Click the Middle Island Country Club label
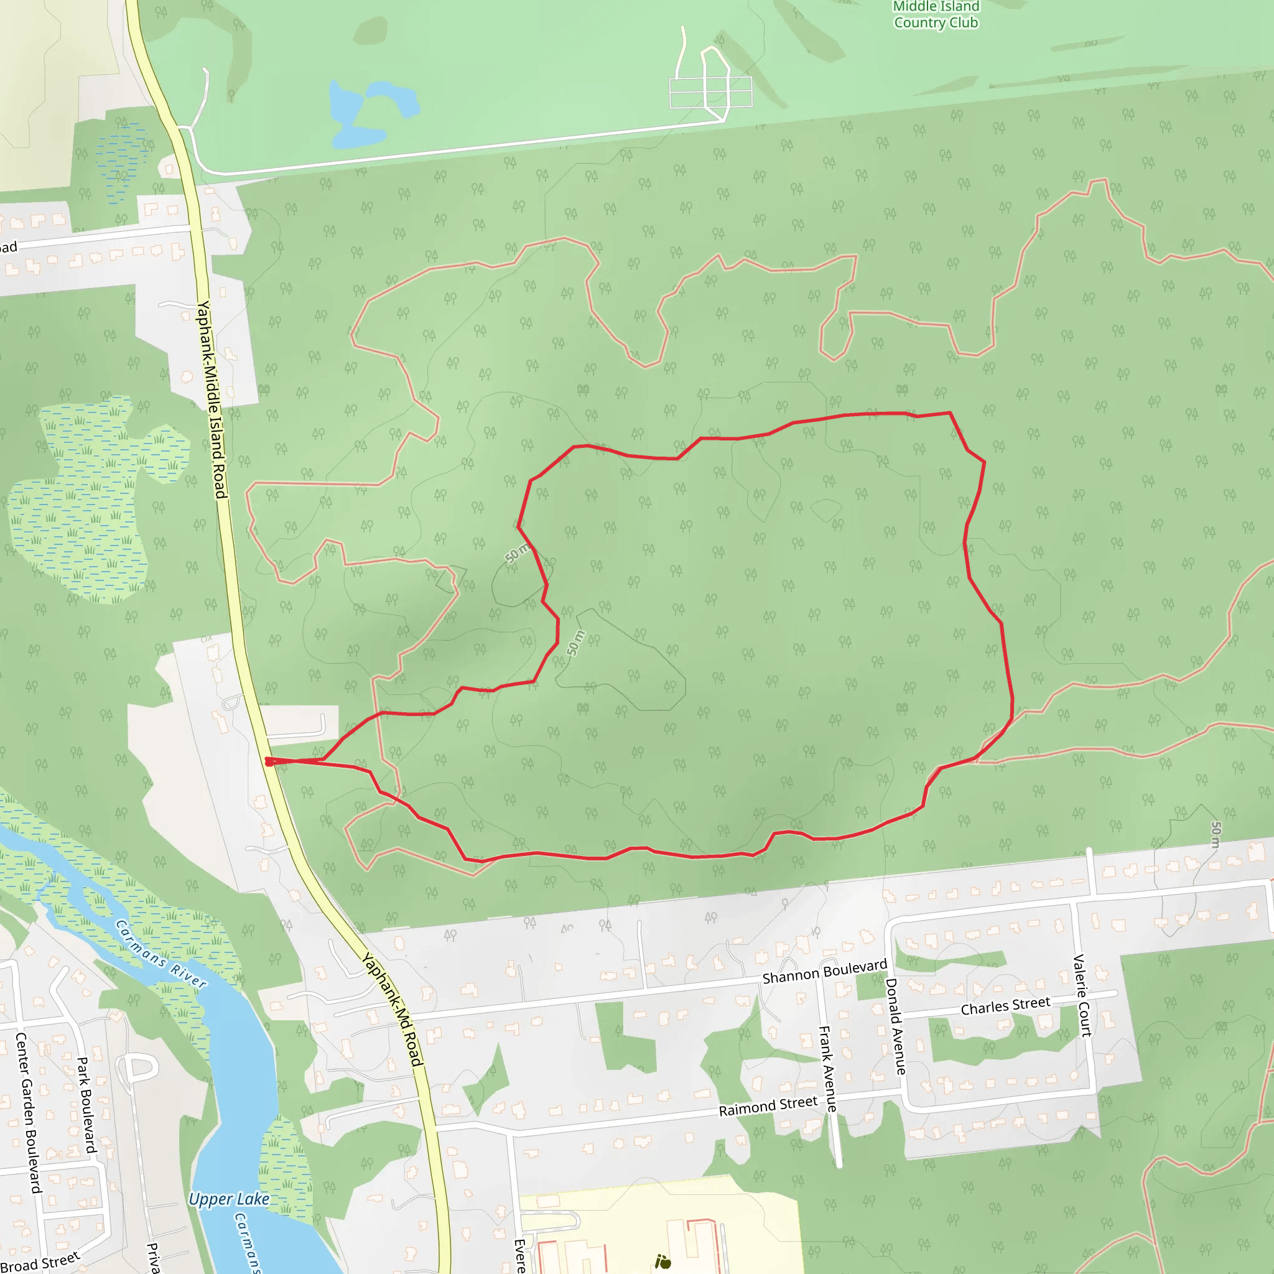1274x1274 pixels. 936,14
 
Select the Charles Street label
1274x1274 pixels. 1005,1007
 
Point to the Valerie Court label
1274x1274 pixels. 1083,995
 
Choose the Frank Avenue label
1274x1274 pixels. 827,1068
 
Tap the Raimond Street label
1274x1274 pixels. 768,1106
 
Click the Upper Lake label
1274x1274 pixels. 229,1199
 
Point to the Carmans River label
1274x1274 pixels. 161,954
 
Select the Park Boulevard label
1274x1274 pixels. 87,1105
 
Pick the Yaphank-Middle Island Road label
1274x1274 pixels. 212,399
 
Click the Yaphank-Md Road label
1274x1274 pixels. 392,1008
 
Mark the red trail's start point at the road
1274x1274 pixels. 268,761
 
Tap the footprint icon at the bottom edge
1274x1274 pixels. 663,1262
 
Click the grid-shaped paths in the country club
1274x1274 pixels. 710,91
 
